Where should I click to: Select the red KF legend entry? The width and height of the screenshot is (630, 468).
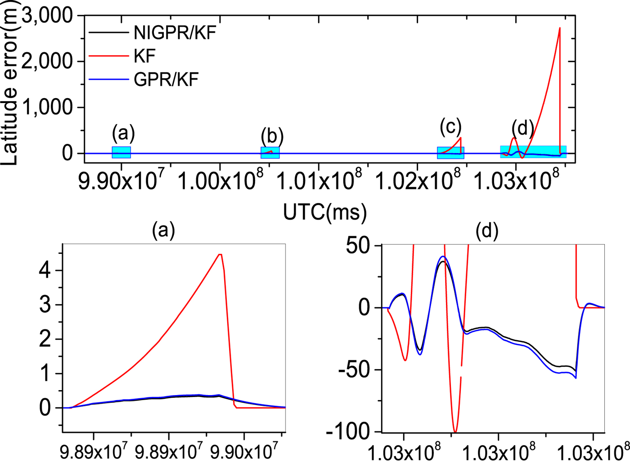[144, 56]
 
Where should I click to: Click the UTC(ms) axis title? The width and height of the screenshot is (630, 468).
[325, 211]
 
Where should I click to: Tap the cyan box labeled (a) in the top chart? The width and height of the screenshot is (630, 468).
[121, 152]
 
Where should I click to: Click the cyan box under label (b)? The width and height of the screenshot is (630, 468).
[270, 153]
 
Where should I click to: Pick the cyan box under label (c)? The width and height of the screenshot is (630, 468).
[450, 153]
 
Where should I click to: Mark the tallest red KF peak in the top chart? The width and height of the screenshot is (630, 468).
[559, 28]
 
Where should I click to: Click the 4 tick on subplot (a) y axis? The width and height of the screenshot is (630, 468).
[45, 270]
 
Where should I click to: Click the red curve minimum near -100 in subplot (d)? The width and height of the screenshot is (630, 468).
[455, 432]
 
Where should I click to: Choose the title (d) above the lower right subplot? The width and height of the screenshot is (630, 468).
[487, 231]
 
